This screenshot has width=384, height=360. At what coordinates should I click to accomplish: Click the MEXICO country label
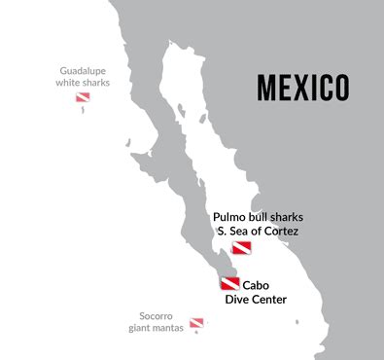[x=302, y=87]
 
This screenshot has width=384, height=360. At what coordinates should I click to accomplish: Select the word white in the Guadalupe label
[x=70, y=84]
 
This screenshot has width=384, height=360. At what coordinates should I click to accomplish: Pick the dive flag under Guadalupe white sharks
[x=82, y=98]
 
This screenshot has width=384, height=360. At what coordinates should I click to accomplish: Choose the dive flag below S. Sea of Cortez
[x=240, y=249]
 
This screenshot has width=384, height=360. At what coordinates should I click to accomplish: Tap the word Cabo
[x=256, y=285]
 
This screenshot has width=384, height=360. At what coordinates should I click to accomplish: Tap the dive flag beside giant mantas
[x=196, y=322]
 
